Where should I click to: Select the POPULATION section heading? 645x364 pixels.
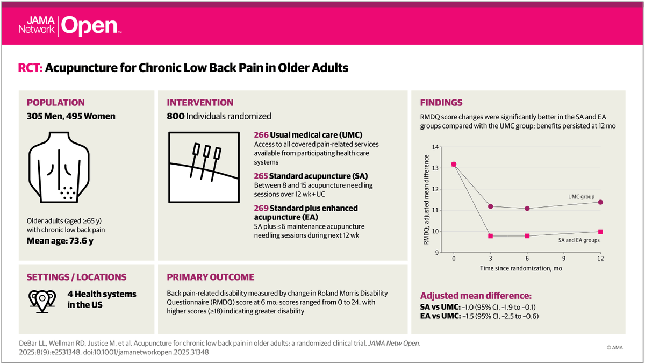point(56,103)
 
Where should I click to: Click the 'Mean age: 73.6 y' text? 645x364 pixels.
point(60,240)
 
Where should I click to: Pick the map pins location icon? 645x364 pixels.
point(42,299)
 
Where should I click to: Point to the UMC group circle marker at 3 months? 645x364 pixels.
point(490,206)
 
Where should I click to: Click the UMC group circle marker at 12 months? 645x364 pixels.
point(600,202)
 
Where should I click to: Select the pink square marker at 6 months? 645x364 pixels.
point(527,236)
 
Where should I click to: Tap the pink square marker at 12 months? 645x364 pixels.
point(600,232)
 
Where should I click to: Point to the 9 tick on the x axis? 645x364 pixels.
point(564,258)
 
